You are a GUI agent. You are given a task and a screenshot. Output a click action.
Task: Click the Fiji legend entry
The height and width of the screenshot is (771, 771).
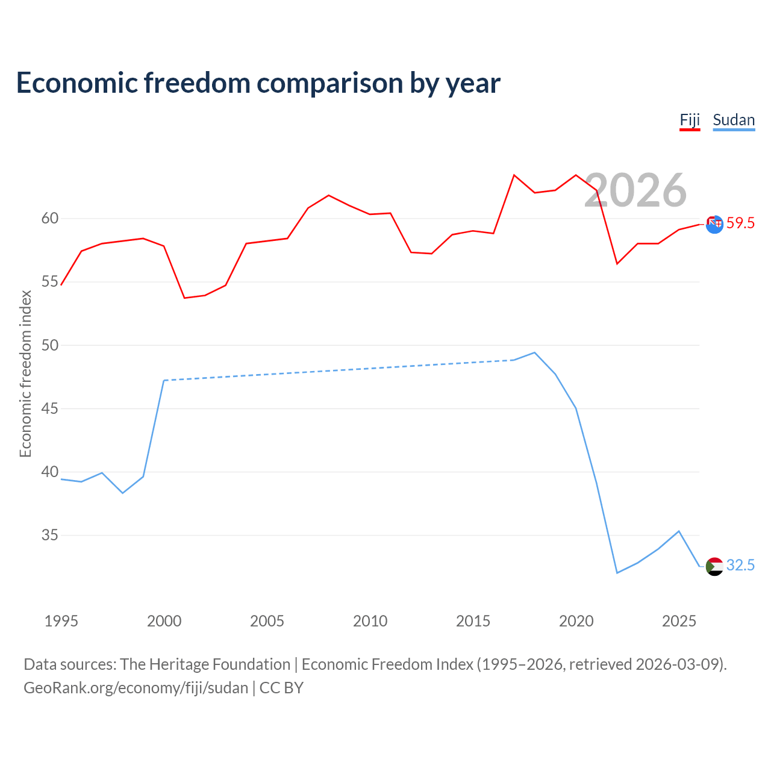coord(690,120)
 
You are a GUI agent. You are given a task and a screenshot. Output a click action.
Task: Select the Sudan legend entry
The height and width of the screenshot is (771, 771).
coord(734,120)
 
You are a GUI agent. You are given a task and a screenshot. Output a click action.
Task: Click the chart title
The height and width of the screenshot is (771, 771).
coord(258,83)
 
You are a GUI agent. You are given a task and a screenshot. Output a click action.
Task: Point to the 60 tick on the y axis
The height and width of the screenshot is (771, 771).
coord(50,219)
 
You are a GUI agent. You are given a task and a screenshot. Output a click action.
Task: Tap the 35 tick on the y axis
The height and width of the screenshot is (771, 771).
coord(50,535)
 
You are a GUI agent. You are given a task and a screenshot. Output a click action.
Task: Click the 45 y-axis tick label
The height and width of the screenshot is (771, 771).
coord(50,408)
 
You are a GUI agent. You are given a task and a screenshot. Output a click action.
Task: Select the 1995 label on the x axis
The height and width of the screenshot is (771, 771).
coord(61,621)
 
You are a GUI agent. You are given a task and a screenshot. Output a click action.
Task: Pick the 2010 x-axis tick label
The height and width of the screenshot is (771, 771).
coord(370,621)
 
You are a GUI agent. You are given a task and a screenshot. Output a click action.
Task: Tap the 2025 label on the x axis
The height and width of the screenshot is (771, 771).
coord(679,621)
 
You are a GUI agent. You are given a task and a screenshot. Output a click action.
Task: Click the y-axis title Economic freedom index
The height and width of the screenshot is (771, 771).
coord(26,373)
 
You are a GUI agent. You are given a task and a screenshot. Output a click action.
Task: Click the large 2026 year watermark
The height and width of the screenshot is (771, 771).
coord(635,190)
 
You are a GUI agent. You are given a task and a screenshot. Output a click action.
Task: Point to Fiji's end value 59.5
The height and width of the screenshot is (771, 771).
coord(740,223)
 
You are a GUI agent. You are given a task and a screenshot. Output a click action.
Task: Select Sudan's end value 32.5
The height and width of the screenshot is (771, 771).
coord(740,565)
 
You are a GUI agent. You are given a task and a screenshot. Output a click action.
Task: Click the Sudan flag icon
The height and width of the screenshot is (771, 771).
coord(714,567)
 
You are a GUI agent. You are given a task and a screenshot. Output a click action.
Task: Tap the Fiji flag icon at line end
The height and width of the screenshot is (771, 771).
coord(714,224)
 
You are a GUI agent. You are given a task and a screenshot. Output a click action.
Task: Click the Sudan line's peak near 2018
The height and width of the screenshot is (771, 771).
coord(534,352)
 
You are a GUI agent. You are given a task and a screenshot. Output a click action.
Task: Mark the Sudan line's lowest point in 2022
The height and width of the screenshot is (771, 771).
coord(617,573)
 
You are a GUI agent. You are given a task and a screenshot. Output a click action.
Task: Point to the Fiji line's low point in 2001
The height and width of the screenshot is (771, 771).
coord(184,298)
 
